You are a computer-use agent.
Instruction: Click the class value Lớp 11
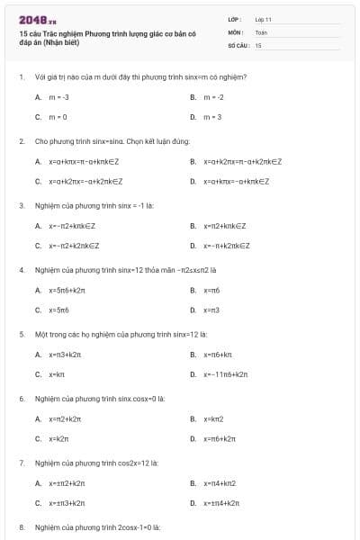(x=263, y=19)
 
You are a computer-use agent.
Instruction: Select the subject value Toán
(x=261, y=31)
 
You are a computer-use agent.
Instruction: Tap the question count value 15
(x=258, y=44)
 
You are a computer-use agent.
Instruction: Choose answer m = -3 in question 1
(x=58, y=96)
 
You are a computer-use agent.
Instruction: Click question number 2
(x=22, y=141)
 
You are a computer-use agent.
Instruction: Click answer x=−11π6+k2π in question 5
(x=225, y=374)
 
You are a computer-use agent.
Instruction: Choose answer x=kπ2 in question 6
(x=212, y=418)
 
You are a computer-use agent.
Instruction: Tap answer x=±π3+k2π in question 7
(x=67, y=503)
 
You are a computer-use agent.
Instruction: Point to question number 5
(x=22, y=334)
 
